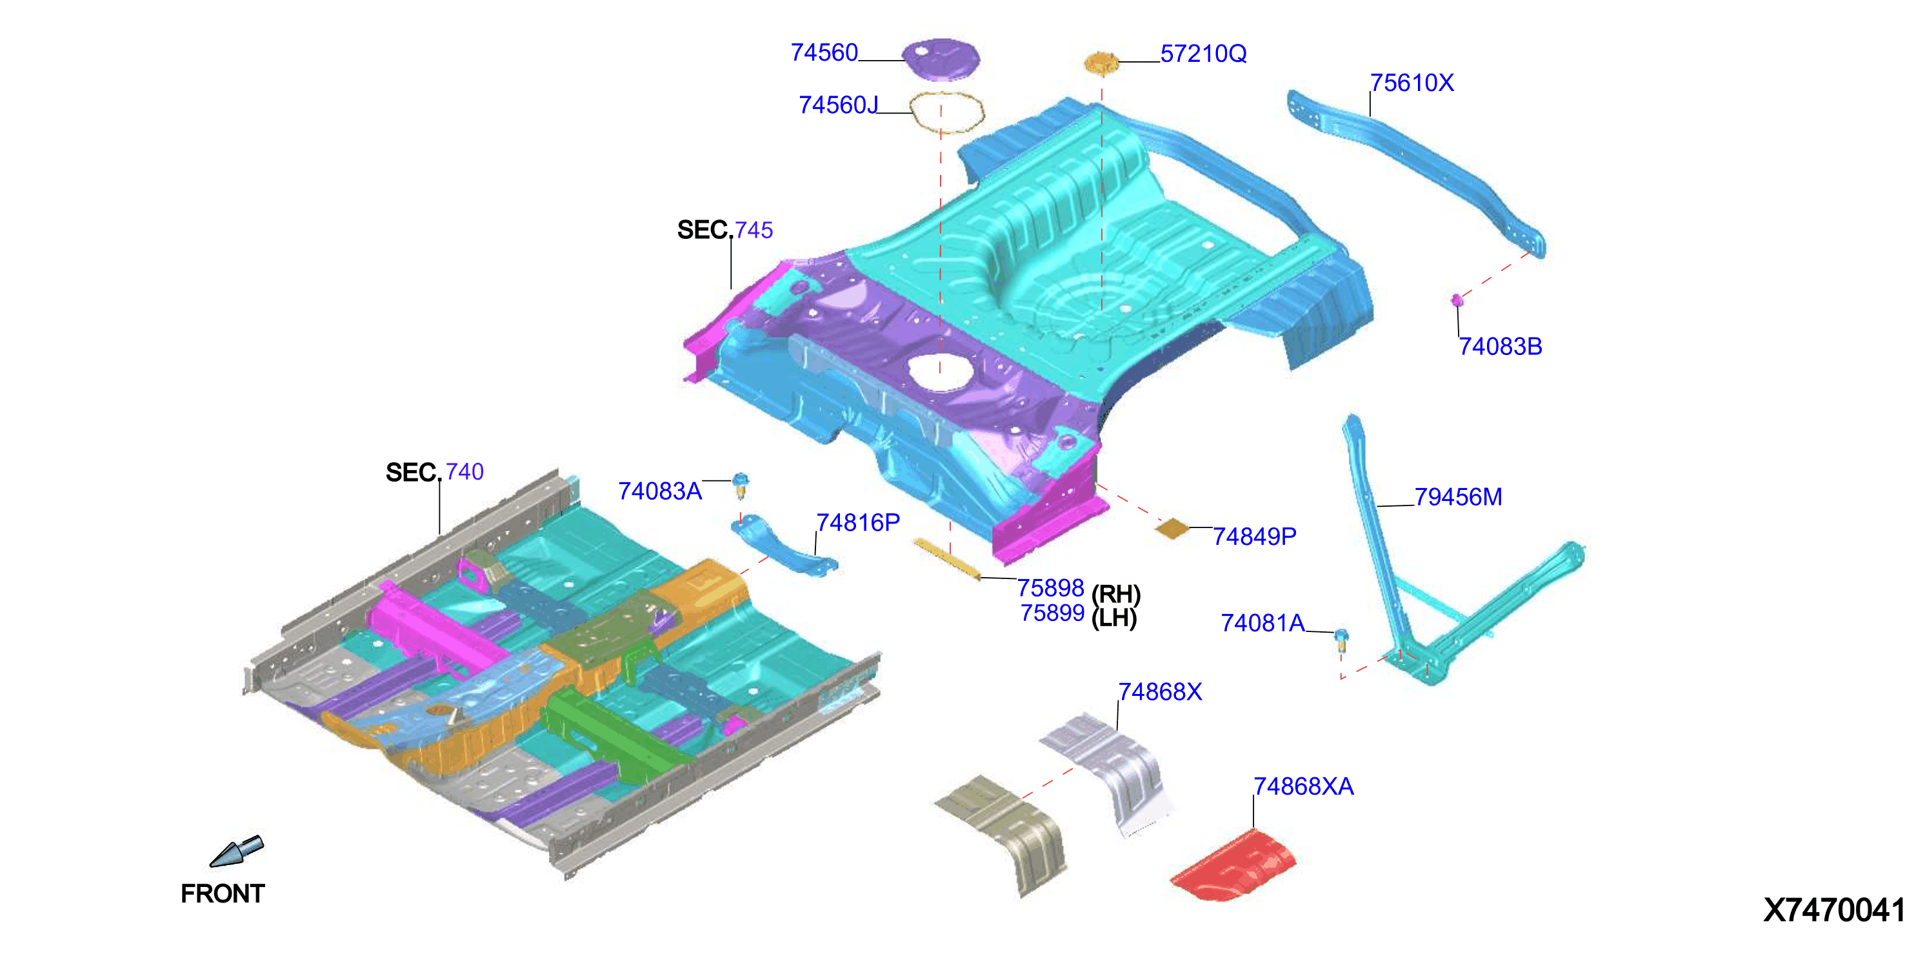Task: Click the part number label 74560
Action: tap(824, 52)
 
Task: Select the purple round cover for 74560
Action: tap(941, 58)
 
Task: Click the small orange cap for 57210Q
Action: tap(1101, 63)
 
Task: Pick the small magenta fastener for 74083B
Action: tap(1457, 300)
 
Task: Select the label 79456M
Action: tap(1458, 496)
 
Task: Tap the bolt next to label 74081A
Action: tap(1341, 639)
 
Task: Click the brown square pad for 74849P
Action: tap(1172, 529)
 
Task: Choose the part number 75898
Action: tap(1051, 588)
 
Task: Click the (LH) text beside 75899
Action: tap(1114, 618)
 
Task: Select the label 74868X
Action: tap(1160, 692)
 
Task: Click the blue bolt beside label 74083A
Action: tap(740, 485)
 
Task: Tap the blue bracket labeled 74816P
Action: tap(783, 547)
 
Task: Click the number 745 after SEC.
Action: tap(754, 230)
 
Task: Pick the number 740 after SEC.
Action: tap(465, 471)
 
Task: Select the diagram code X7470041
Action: tap(1835, 910)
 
